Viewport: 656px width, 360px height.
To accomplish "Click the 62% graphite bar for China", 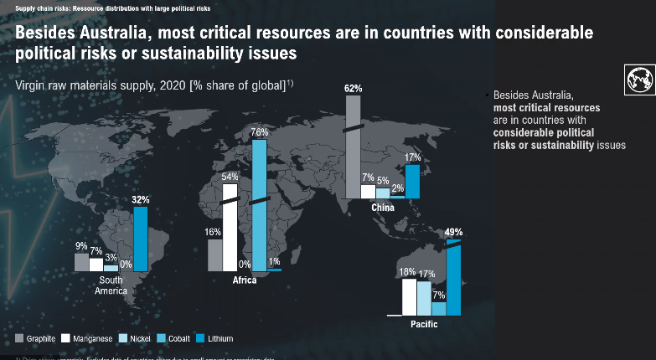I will point(353,147).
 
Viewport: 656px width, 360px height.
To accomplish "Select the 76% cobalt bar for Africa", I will point(259,204).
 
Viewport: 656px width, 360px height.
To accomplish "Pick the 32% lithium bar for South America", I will point(141,239).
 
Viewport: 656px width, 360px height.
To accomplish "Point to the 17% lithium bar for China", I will point(412,180).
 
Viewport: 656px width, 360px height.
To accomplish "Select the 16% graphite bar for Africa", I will point(214,255).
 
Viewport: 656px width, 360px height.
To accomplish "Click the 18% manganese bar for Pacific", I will point(410,296).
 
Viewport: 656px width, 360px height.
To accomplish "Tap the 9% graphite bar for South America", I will point(81,262).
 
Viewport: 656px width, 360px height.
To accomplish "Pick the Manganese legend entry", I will point(92,338).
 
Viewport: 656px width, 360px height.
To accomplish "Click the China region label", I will point(383,207).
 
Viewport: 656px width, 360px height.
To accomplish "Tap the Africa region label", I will point(245,280).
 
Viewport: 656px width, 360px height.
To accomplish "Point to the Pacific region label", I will point(423,323).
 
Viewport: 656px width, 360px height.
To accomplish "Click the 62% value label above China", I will point(354,88).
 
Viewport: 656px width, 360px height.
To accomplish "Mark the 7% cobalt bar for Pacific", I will point(439,308).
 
